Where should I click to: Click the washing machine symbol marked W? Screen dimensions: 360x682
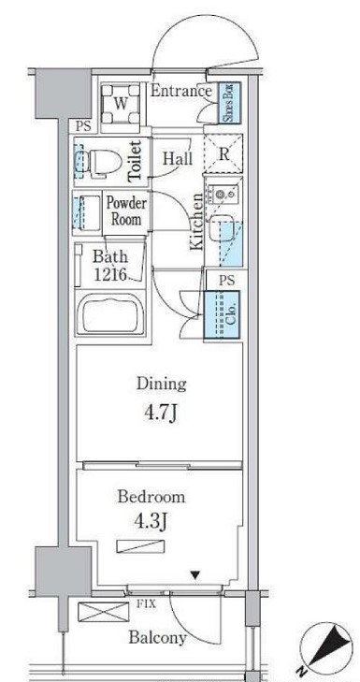(x=122, y=104)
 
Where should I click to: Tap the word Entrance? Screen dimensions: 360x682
(x=180, y=92)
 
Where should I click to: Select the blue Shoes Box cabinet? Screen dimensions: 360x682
(x=229, y=103)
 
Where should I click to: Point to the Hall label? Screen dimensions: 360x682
(x=178, y=158)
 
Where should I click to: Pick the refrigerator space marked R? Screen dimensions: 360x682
(x=223, y=154)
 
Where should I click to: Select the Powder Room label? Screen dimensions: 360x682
(x=126, y=210)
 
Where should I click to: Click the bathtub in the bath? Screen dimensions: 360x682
(x=110, y=314)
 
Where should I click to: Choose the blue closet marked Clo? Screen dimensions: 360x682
(x=223, y=314)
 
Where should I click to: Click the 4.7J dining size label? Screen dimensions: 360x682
(x=161, y=414)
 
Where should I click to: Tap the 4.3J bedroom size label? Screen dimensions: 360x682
(x=151, y=522)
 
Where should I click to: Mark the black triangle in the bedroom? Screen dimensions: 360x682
(x=195, y=575)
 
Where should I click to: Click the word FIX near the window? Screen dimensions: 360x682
(x=147, y=604)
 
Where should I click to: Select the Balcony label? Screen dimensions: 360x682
(x=157, y=638)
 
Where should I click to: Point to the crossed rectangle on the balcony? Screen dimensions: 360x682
(x=104, y=612)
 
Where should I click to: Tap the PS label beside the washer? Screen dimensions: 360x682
(x=83, y=126)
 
